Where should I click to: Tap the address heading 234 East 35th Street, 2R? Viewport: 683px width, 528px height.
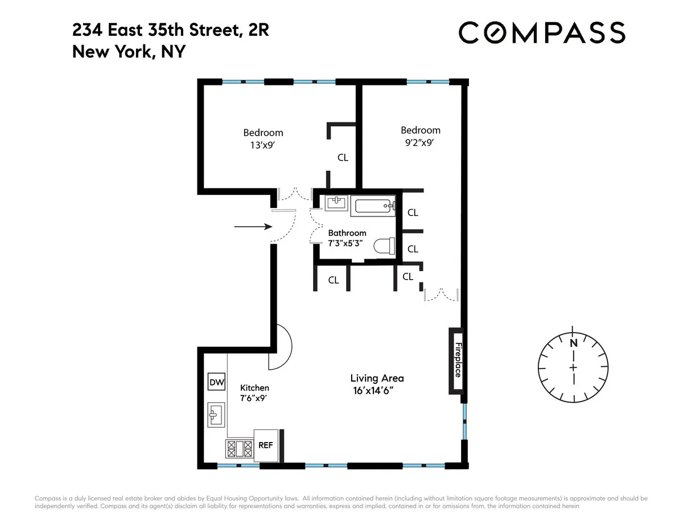click(171, 30)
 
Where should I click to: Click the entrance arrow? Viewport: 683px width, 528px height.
click(254, 227)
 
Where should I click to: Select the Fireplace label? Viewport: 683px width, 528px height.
click(457, 361)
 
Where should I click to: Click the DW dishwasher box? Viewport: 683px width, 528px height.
click(216, 382)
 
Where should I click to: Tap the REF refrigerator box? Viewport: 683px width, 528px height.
click(265, 445)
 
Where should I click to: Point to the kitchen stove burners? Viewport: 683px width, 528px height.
click(239, 449)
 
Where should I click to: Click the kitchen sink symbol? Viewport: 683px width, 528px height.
click(216, 415)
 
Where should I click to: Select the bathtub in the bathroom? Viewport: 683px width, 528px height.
click(373, 205)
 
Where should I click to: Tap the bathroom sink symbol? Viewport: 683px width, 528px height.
click(338, 202)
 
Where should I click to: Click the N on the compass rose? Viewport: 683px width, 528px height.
click(573, 343)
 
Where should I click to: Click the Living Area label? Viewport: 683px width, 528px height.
click(377, 378)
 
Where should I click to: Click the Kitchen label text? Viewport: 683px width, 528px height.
click(254, 388)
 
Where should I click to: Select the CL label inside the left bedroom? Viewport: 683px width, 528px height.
click(343, 158)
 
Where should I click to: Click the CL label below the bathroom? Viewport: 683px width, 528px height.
click(334, 280)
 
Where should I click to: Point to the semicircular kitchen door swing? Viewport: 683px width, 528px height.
click(281, 346)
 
